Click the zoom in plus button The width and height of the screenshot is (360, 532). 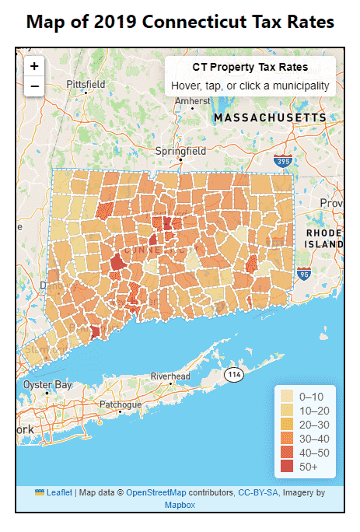point(34,66)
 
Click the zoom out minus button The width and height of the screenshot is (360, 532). point(34,86)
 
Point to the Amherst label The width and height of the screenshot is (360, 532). point(192,101)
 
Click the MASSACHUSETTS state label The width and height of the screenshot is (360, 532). point(270,117)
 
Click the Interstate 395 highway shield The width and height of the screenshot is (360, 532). point(284,162)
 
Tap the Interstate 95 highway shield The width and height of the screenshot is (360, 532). point(305,274)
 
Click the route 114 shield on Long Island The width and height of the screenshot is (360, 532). point(234,375)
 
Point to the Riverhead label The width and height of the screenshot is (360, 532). point(170,376)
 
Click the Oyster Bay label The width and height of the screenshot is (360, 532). point(47,385)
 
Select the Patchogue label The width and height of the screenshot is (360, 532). point(121,404)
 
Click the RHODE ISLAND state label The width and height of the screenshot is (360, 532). point(323,238)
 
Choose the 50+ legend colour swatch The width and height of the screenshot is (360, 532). point(287,467)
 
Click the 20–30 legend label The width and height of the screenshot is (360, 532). point(314,425)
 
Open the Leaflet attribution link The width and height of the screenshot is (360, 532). point(58,492)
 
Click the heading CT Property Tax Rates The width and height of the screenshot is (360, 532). point(250,68)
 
